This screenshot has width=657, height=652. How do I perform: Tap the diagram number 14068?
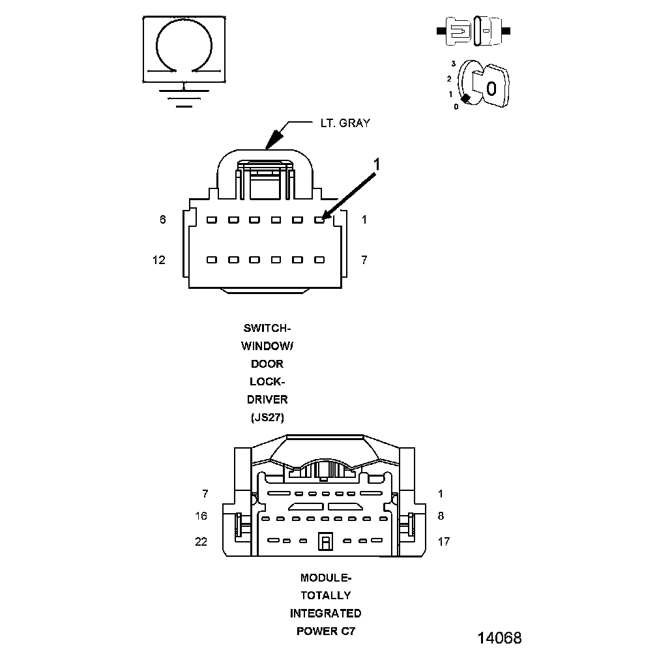pos(500,637)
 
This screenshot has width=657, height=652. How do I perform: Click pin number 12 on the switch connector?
pos(159,260)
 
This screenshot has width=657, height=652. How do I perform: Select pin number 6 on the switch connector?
pos(163,220)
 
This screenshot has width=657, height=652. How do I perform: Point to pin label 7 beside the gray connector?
pos(364,260)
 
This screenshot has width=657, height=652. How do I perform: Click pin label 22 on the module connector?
pos(201,541)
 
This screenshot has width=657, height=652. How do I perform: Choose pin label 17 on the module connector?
pos(443,541)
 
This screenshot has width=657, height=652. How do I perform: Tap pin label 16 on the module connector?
pos(201,516)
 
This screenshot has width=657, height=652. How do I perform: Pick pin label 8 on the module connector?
pos(441,516)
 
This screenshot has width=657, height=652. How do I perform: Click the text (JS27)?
pos(268,417)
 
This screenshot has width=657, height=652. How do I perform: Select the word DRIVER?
pos(268,399)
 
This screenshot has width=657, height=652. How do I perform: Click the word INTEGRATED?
pos(325,613)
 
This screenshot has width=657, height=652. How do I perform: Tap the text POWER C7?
pos(325,631)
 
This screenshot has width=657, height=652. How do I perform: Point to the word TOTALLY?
pos(325,595)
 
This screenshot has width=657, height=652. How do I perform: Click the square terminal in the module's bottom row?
pos(325,541)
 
